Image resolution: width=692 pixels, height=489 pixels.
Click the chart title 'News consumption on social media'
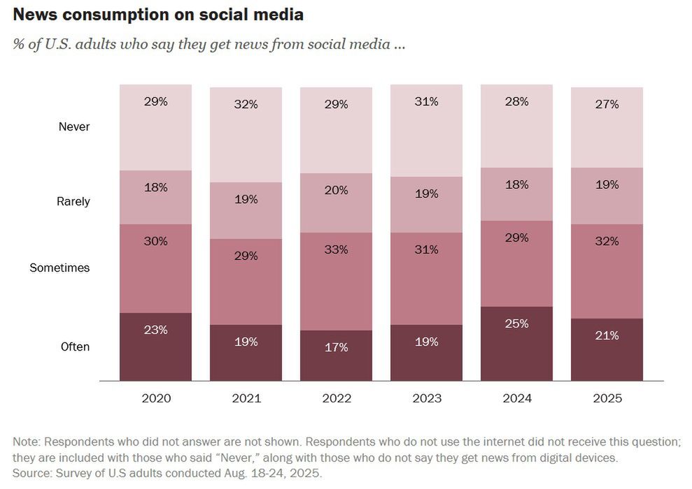[x=158, y=14]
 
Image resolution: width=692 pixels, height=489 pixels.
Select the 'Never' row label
[x=74, y=127]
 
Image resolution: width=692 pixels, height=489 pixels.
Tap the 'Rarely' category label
[x=73, y=201]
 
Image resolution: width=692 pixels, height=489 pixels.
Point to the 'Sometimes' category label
[x=59, y=268]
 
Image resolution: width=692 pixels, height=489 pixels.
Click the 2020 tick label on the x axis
[x=156, y=399]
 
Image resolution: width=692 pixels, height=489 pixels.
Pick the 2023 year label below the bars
[x=426, y=399]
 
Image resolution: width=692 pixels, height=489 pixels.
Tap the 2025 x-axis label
[x=607, y=399]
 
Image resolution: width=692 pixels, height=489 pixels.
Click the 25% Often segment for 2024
[x=516, y=324]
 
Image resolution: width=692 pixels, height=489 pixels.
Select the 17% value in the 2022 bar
[x=336, y=347]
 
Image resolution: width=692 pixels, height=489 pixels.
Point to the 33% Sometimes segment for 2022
[x=336, y=249]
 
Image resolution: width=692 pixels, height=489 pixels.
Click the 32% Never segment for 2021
[x=246, y=105]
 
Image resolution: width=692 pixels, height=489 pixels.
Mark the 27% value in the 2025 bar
[x=607, y=105]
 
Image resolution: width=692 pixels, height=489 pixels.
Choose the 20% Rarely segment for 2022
[x=336, y=191]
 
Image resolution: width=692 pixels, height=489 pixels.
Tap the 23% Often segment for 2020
[x=156, y=330]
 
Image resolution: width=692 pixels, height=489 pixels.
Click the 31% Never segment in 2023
[x=426, y=102]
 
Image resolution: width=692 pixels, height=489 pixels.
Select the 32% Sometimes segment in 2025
[x=607, y=242]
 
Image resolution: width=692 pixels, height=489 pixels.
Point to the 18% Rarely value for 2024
[x=516, y=185]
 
